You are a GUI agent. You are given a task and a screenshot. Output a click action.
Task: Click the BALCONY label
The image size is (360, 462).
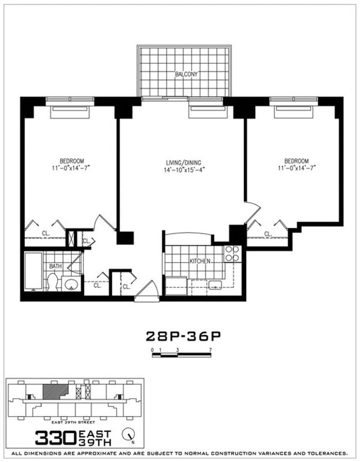click(x=186, y=75)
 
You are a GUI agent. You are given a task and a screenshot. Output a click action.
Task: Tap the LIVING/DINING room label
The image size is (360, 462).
click(x=183, y=162)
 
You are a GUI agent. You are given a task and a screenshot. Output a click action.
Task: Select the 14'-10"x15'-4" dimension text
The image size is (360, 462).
click(x=183, y=170)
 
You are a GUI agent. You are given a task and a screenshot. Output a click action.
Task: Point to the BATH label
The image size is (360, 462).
click(x=55, y=266)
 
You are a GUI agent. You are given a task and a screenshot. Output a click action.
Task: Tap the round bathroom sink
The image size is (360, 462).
click(x=71, y=284)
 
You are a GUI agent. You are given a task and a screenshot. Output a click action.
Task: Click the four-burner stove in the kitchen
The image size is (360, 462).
click(x=232, y=254)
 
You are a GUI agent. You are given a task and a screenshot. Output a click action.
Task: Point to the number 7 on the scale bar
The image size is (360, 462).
click(x=210, y=349)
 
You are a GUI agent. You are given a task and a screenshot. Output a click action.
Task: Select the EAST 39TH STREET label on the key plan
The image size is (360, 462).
click(x=75, y=422)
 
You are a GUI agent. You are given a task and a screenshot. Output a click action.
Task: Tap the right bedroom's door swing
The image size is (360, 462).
click(x=252, y=212)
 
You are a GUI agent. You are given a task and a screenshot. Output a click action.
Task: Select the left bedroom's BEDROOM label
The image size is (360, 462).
click(x=72, y=161)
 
